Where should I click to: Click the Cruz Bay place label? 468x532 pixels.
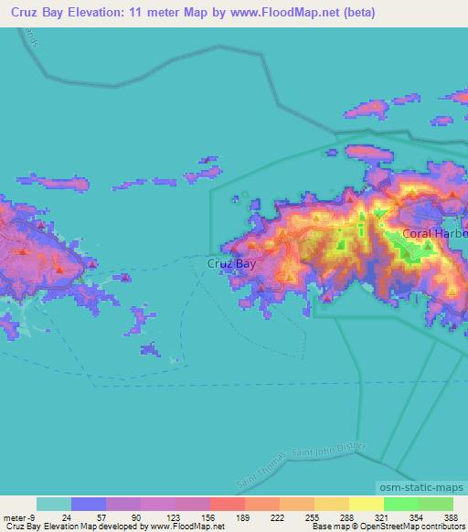click(232, 263)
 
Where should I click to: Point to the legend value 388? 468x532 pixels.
click(451, 516)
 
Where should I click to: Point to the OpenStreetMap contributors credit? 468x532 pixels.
click(421, 527)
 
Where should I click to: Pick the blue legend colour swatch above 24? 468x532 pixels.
click(89, 504)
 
